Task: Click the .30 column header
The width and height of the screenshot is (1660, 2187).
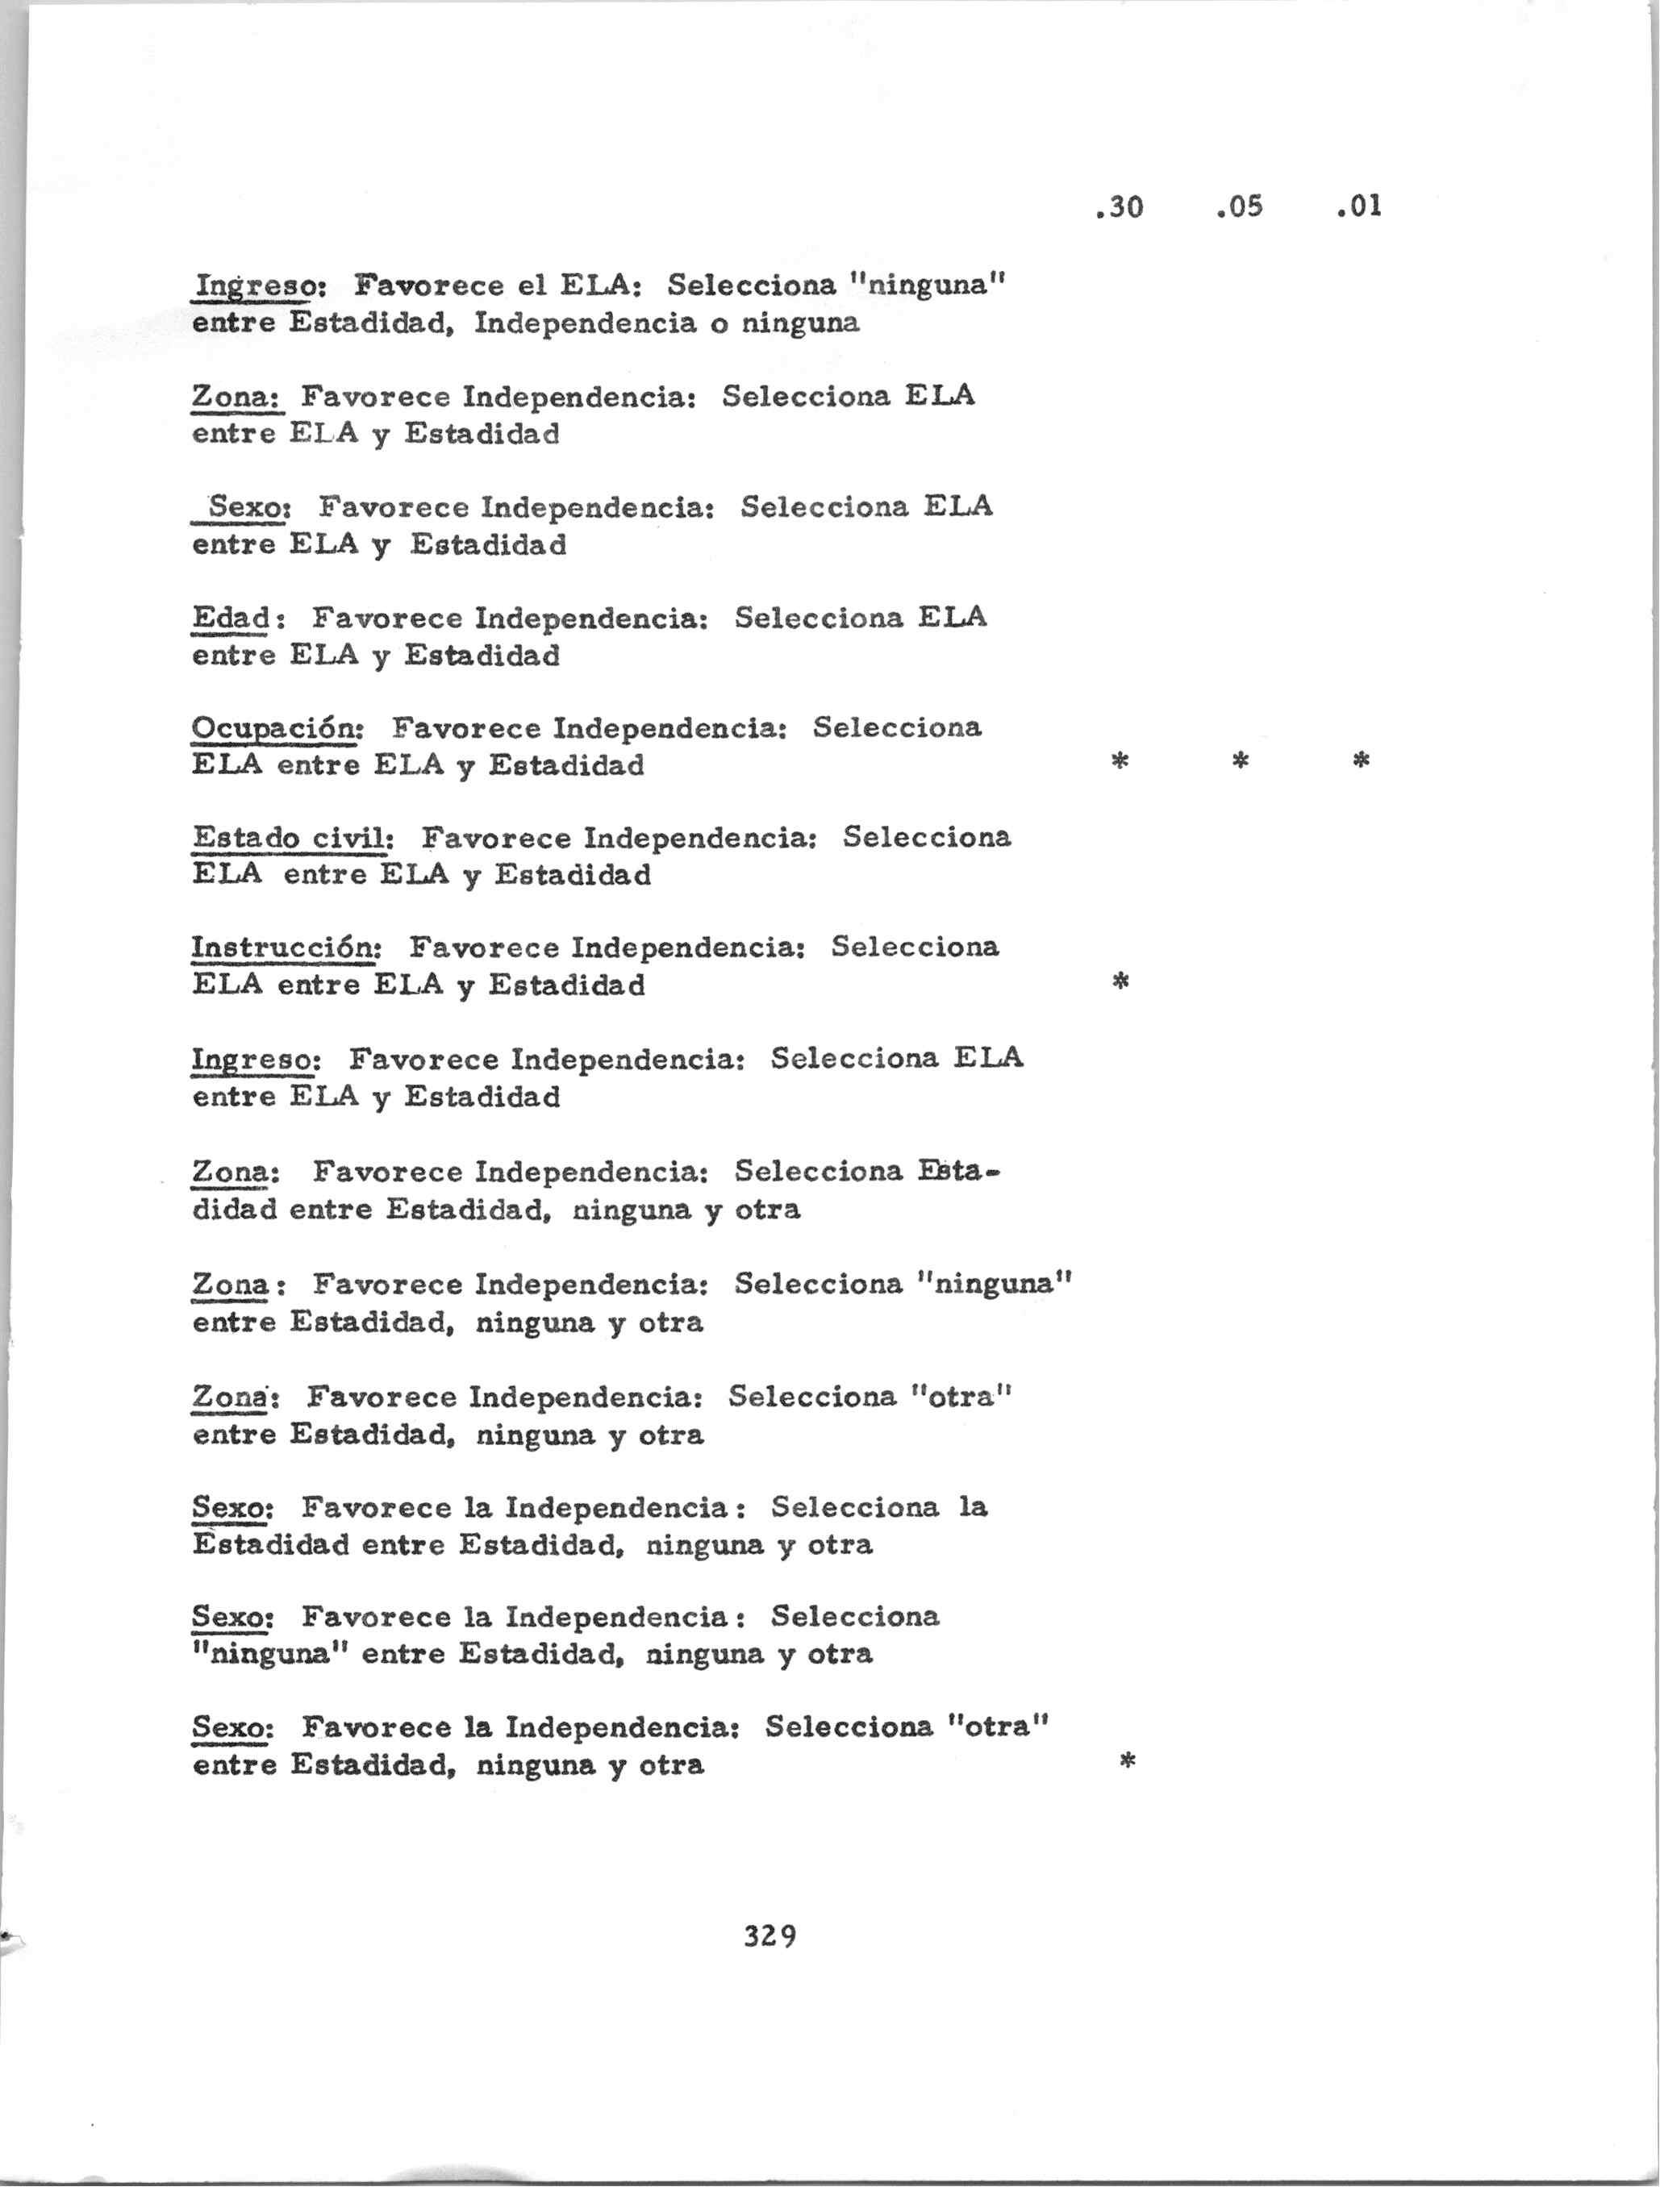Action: pyautogui.click(x=1120, y=206)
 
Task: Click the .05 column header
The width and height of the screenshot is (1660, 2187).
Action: pyautogui.click(x=1240, y=206)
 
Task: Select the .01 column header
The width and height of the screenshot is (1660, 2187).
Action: pyautogui.click(x=1358, y=206)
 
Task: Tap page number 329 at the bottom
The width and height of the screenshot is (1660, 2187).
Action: pyautogui.click(x=770, y=1935)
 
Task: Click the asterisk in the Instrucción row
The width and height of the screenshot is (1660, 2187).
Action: pyautogui.click(x=1121, y=981)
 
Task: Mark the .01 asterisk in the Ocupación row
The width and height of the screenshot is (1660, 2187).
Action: pyautogui.click(x=1361, y=760)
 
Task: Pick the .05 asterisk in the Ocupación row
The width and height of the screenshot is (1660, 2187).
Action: pyautogui.click(x=1241, y=760)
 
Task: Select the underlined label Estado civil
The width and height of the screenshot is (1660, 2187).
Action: pyautogui.click(x=292, y=839)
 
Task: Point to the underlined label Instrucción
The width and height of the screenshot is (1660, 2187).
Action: pyautogui.click(x=285, y=948)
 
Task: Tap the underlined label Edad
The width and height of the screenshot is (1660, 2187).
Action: pyautogui.click(x=231, y=618)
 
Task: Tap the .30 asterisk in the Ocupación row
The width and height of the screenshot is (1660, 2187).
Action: pyautogui.click(x=1121, y=760)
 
